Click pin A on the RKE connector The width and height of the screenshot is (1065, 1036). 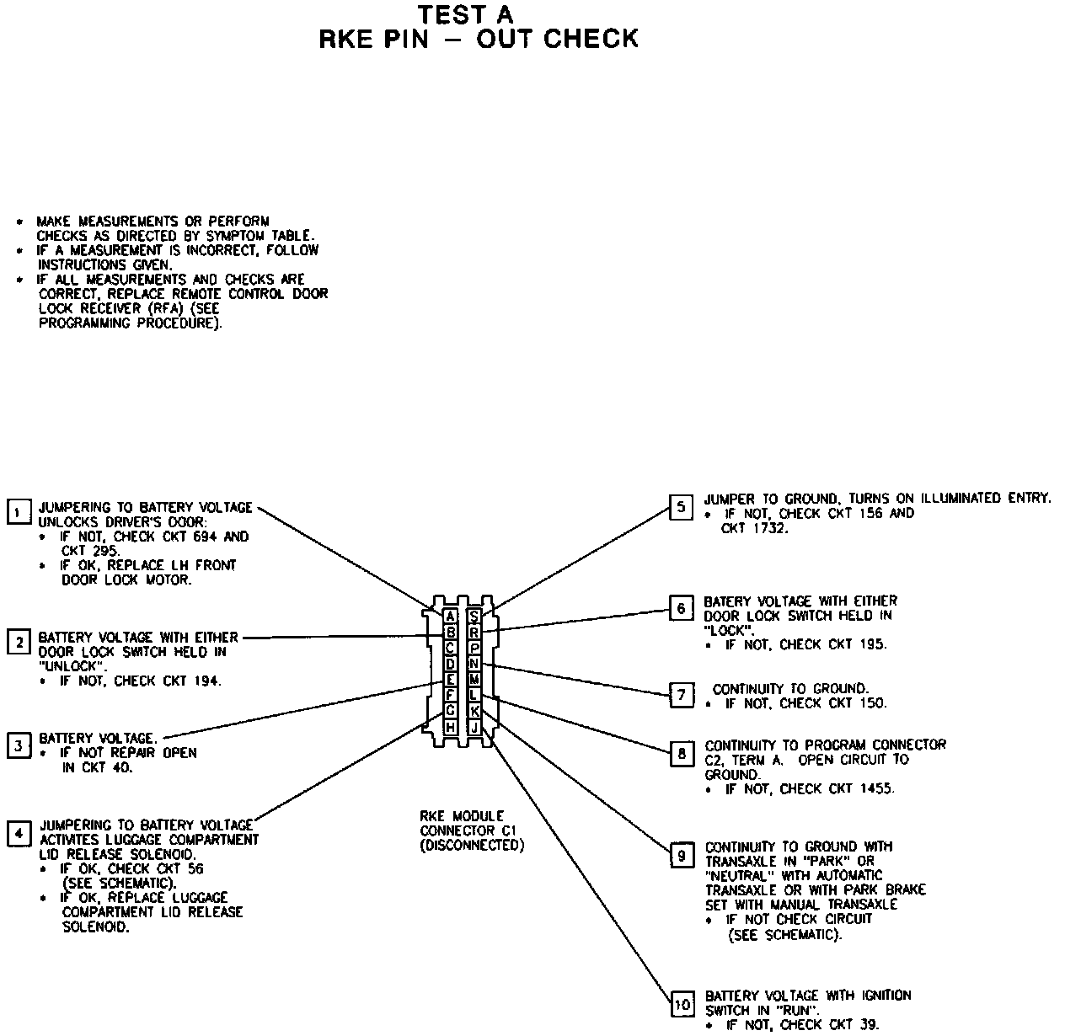pos(451,617)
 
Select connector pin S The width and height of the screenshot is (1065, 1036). pos(475,617)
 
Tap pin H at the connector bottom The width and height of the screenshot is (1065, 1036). pos(451,727)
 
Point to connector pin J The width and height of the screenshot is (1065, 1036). pos(475,727)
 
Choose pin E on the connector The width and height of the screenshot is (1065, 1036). pos(451,680)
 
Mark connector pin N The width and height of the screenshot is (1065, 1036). pos(475,664)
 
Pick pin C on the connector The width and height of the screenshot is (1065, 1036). pos(451,648)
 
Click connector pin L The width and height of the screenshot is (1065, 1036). pos(475,695)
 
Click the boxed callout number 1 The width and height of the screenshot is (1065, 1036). pos(18,512)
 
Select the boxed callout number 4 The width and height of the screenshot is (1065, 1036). pos(18,833)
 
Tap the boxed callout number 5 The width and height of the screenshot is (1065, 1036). pos(681,507)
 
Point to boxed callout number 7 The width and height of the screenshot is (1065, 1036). pos(681,695)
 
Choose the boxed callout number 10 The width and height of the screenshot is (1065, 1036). pos(682,1005)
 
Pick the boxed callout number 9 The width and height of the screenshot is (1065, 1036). pos(681,856)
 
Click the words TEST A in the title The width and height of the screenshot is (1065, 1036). pos(466,15)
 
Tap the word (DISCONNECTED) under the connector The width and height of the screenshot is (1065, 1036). pos(472,845)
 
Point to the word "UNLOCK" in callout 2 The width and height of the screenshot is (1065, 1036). pos(72,666)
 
